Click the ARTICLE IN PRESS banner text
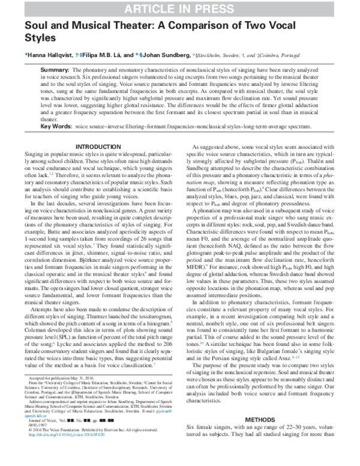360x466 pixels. tap(180, 8)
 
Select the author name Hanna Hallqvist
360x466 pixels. tap(51, 54)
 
